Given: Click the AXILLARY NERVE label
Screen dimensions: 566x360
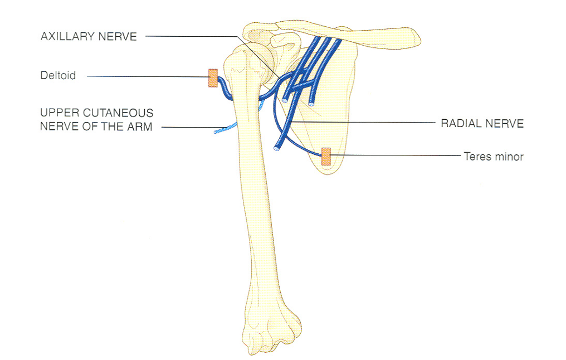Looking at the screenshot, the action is point(89,36).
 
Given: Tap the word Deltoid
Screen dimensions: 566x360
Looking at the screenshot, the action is point(58,75).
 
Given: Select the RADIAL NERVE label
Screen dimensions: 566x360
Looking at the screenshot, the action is point(482,124).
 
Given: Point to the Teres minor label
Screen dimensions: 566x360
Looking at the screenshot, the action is point(494,157).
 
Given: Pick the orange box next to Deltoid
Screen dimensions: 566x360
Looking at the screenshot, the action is point(213,78).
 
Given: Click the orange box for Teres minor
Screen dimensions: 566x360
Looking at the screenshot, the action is point(326,157).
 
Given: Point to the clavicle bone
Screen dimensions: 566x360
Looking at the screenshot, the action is point(347,35).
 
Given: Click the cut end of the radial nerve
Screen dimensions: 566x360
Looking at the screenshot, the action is point(276,148).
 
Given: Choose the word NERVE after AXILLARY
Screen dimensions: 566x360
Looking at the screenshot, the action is point(118,36).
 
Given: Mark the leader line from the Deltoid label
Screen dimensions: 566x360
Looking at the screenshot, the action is point(148,76).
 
